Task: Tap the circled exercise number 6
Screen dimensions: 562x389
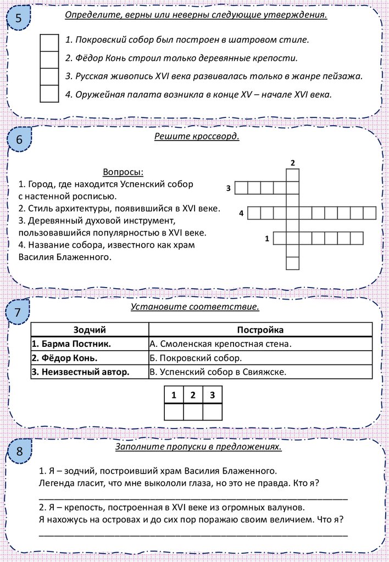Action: pyautogui.click(x=19, y=141)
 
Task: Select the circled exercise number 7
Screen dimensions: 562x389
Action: pyautogui.click(x=18, y=313)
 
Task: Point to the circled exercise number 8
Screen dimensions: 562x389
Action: pyautogui.click(x=19, y=452)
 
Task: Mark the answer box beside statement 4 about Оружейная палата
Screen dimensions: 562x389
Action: pyautogui.click(x=49, y=94)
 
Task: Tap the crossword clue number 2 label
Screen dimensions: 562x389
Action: pyautogui.click(x=293, y=163)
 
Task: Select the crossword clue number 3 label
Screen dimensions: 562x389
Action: pyautogui.click(x=227, y=188)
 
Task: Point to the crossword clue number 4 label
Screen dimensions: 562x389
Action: pyautogui.click(x=241, y=213)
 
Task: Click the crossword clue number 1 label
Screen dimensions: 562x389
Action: pyautogui.click(x=267, y=238)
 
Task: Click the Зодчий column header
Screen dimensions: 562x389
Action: pyautogui.click(x=90, y=330)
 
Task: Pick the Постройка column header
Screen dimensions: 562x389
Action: pyautogui.click(x=260, y=330)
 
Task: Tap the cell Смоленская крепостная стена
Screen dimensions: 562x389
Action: pyautogui.click(x=220, y=344)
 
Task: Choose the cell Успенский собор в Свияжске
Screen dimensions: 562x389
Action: pyautogui.click(x=218, y=372)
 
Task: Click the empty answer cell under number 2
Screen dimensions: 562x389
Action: pyautogui.click(x=193, y=411)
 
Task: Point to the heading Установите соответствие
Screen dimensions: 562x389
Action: pyautogui.click(x=194, y=306)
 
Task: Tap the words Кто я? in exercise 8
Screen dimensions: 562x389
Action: pyautogui.click(x=308, y=482)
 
